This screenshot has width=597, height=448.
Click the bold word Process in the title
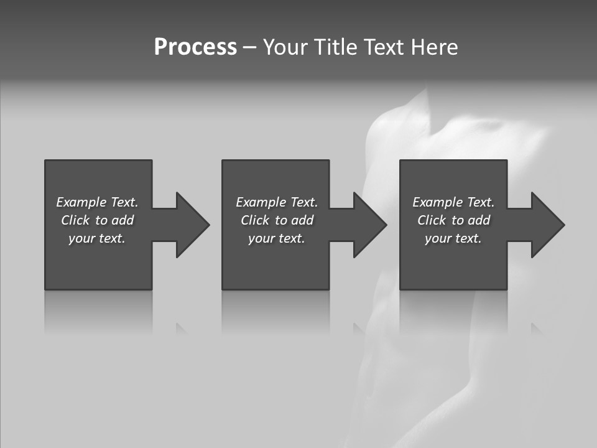tap(195, 47)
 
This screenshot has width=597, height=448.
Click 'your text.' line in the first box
tap(97, 238)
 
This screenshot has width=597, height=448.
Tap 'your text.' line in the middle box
tap(276, 238)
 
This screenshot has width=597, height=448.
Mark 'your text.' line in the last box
tap(453, 238)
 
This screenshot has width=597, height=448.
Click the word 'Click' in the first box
tap(75, 220)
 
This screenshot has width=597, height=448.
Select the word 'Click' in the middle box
tap(255, 220)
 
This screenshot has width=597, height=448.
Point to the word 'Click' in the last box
tap(432, 220)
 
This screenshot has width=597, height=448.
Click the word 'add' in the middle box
tap(302, 220)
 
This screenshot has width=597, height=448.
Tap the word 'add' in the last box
tap(479, 220)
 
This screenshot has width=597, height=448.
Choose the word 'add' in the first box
tap(123, 220)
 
